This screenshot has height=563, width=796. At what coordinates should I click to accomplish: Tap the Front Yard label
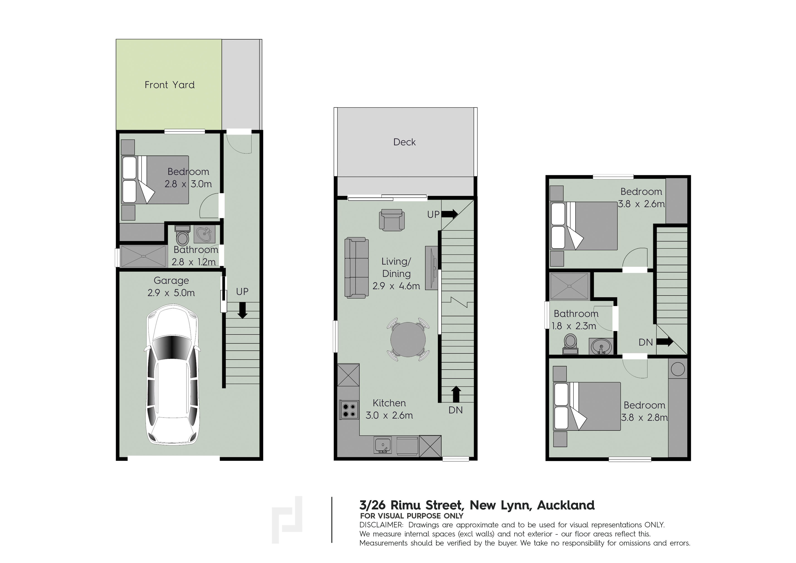pos(169,85)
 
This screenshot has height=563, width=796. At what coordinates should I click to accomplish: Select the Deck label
pos(404,142)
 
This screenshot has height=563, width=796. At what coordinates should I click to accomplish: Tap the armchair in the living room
pos(392,220)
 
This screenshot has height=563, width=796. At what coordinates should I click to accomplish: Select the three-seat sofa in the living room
pos(356,268)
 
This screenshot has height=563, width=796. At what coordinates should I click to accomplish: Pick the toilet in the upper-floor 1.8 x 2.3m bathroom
pos(570,344)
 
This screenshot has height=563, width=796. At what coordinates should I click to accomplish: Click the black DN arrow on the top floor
pos(665,342)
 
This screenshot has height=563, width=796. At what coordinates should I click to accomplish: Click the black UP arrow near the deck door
pos(450,214)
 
